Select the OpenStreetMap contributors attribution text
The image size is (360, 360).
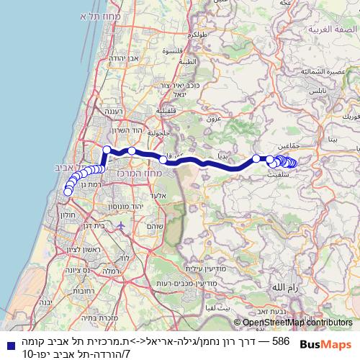click(297, 323)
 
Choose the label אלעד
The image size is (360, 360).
click(161, 195)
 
